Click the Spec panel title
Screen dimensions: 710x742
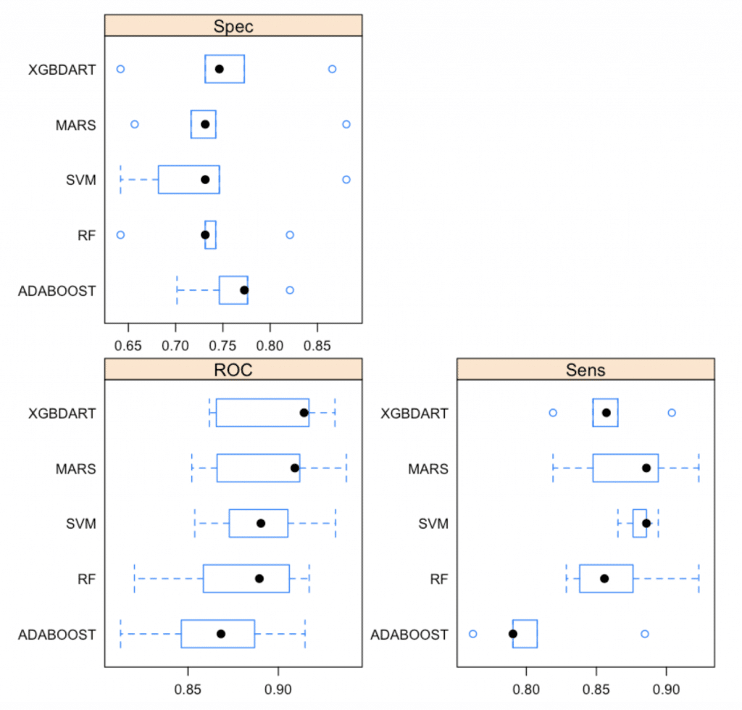(x=233, y=27)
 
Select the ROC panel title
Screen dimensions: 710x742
(x=233, y=370)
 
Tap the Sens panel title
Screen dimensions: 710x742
(x=585, y=370)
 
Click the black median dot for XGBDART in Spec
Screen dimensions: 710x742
(x=219, y=69)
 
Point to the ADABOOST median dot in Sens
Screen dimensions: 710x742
(x=513, y=634)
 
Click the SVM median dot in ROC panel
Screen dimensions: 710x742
(x=261, y=523)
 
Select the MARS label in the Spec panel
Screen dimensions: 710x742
(x=75, y=124)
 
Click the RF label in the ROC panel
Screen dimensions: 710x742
(x=86, y=579)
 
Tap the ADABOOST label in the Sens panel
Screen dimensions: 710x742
(x=409, y=634)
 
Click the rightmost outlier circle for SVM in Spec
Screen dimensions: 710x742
(x=346, y=179)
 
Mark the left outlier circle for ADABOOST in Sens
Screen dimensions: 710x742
(x=473, y=634)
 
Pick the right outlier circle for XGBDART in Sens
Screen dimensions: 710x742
(x=672, y=413)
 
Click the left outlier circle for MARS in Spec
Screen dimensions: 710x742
(x=134, y=124)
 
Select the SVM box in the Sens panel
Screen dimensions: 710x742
(x=638, y=523)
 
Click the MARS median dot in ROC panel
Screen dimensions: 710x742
(x=294, y=468)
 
